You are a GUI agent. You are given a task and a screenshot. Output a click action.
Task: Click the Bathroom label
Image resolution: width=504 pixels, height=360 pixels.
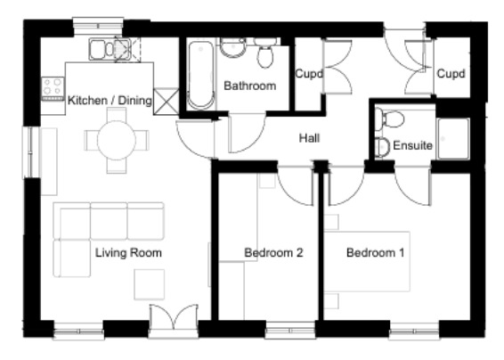coord(249,86)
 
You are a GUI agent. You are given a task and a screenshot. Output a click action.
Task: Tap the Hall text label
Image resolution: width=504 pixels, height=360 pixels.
coord(309,138)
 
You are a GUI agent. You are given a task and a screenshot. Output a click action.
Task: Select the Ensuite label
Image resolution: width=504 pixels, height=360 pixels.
coord(412,145)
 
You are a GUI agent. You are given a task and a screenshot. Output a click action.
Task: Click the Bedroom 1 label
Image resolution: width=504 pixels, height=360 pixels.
coord(375,253)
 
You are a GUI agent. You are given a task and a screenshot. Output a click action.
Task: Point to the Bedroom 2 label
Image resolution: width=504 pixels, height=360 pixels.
coord(273,253)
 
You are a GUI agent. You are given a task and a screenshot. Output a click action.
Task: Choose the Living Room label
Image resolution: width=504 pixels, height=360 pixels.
coord(128,253)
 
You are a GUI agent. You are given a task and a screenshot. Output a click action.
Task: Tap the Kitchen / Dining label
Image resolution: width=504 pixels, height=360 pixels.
coord(110,101)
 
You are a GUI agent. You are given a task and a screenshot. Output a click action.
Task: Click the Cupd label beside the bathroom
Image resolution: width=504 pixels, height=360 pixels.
coord(309,74)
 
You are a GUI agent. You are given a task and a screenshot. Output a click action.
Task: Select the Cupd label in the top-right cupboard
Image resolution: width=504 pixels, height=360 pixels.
coord(451,74)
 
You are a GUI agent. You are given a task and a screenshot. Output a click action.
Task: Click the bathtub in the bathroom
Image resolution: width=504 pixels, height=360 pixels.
coord(200,75)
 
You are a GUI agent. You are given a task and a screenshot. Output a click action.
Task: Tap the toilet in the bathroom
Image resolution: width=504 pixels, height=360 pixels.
coord(265,53)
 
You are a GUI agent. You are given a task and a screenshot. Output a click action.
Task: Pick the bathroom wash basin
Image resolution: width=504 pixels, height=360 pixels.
coord(233,47)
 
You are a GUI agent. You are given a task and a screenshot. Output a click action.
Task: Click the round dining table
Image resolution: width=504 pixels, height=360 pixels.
coord(117,140)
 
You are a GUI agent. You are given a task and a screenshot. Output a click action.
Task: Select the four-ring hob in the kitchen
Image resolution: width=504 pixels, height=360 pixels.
coord(53,89)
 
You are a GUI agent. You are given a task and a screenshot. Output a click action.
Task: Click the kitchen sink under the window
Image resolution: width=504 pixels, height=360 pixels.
coord(110,49)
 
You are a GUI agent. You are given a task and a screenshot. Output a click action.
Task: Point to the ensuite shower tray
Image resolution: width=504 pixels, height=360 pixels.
coord(453,139)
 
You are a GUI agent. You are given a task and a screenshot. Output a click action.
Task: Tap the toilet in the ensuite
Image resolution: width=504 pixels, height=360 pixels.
coord(389,119)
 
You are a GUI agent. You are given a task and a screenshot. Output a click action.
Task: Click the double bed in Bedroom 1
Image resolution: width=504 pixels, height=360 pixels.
coord(367,262)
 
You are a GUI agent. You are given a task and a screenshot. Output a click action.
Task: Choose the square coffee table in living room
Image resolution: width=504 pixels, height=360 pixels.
coord(150,284)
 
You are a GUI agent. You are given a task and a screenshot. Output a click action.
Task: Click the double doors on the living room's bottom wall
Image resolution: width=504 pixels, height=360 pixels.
coord(174,318)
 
